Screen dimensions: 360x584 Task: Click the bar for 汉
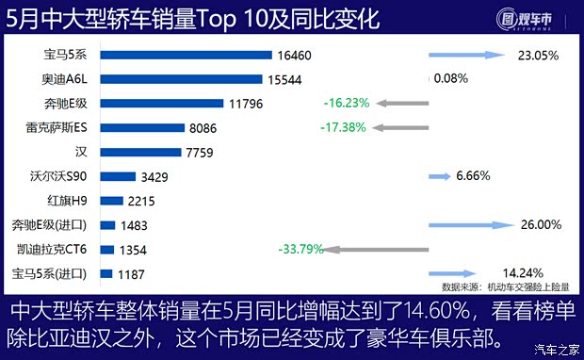coord(139,151)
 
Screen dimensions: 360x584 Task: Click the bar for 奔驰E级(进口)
coord(106,225)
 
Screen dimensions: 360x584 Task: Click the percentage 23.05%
coord(539,56)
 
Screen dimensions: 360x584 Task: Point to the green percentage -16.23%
coord(345,102)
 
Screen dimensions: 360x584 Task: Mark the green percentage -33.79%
coord(301,250)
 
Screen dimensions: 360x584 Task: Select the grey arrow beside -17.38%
coord(400,126)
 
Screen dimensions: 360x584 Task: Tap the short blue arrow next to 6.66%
coord(440,176)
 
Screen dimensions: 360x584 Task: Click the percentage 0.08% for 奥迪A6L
coord(450,79)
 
